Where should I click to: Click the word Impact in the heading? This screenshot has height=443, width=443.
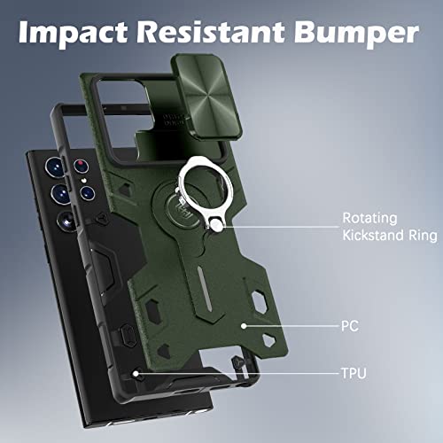coord(73,32)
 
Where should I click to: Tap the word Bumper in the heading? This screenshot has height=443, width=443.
coord(356,32)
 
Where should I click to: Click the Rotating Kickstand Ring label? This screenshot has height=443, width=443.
coord(390,227)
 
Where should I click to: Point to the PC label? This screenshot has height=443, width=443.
coord(350,326)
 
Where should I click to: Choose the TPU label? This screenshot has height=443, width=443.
coord(354,373)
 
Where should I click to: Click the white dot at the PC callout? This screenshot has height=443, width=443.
coord(244,326)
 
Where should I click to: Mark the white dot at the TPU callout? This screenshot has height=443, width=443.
coord(136,374)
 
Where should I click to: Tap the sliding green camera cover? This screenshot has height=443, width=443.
coord(207,96)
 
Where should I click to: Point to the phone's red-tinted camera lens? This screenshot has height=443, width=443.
coord(81,166)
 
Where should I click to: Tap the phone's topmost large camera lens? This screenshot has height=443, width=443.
coord(55,167)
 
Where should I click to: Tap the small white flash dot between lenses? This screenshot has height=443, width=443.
coord(83,181)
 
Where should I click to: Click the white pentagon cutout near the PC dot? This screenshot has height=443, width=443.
coord(268,340)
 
